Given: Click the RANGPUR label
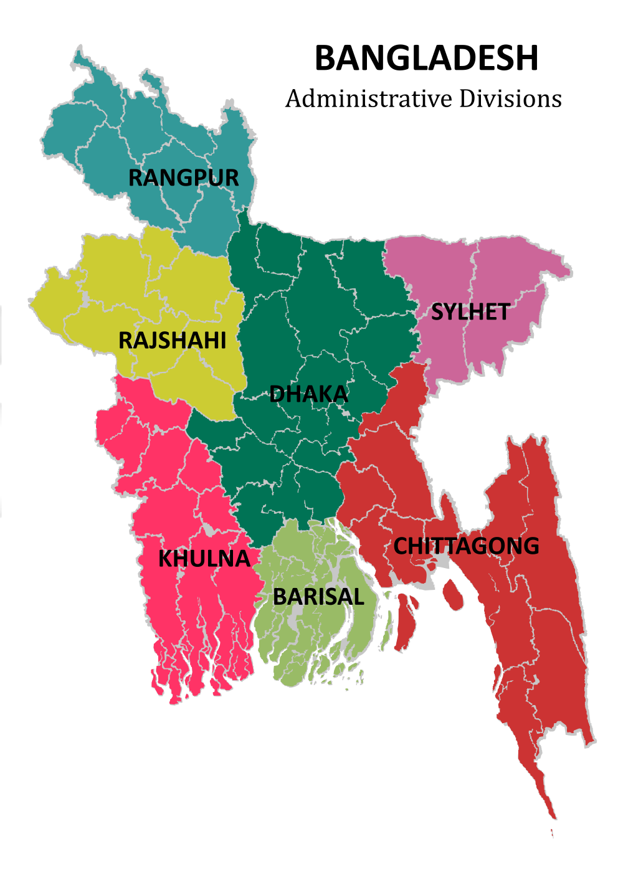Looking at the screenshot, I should pyautogui.click(x=183, y=178).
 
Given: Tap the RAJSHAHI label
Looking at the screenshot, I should pyautogui.click(x=172, y=341).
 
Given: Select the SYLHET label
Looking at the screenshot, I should pyautogui.click(x=470, y=312).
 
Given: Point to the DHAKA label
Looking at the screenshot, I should pyautogui.click(x=308, y=394).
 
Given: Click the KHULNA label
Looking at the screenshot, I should pyautogui.click(x=204, y=559).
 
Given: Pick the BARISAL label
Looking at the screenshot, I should pyautogui.click(x=318, y=597).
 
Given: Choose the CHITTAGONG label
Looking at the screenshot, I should pyautogui.click(x=466, y=546).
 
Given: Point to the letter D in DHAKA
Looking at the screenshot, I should pyautogui.click(x=277, y=394).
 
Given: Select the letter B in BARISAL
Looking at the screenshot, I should pyautogui.click(x=280, y=597).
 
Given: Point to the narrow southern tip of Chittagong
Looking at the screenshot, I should pyautogui.click(x=548, y=804).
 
